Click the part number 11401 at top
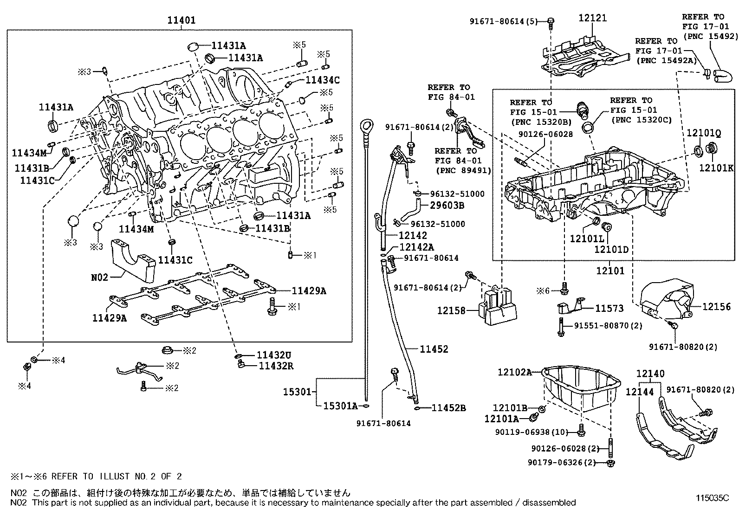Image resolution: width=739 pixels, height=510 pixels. [182, 20]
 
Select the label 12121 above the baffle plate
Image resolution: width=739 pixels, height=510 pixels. [593, 18]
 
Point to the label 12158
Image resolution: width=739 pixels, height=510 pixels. [451, 310]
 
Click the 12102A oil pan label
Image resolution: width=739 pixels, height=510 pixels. [514, 372]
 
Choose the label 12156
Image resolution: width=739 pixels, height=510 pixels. [716, 306]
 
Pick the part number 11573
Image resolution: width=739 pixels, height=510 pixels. [609, 308]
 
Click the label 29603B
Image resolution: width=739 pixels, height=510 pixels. [447, 205]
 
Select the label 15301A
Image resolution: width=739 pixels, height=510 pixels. [340, 407]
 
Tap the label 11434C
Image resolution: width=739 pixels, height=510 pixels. [322, 80]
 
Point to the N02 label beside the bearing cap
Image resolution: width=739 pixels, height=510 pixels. [99, 277]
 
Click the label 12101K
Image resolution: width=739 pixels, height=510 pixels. [716, 168]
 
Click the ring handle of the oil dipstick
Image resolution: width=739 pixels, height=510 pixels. [366, 125]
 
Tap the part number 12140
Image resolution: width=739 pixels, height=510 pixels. [650, 374]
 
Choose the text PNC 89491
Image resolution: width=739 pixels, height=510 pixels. [463, 170]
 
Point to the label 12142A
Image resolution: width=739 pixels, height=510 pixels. [416, 247]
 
